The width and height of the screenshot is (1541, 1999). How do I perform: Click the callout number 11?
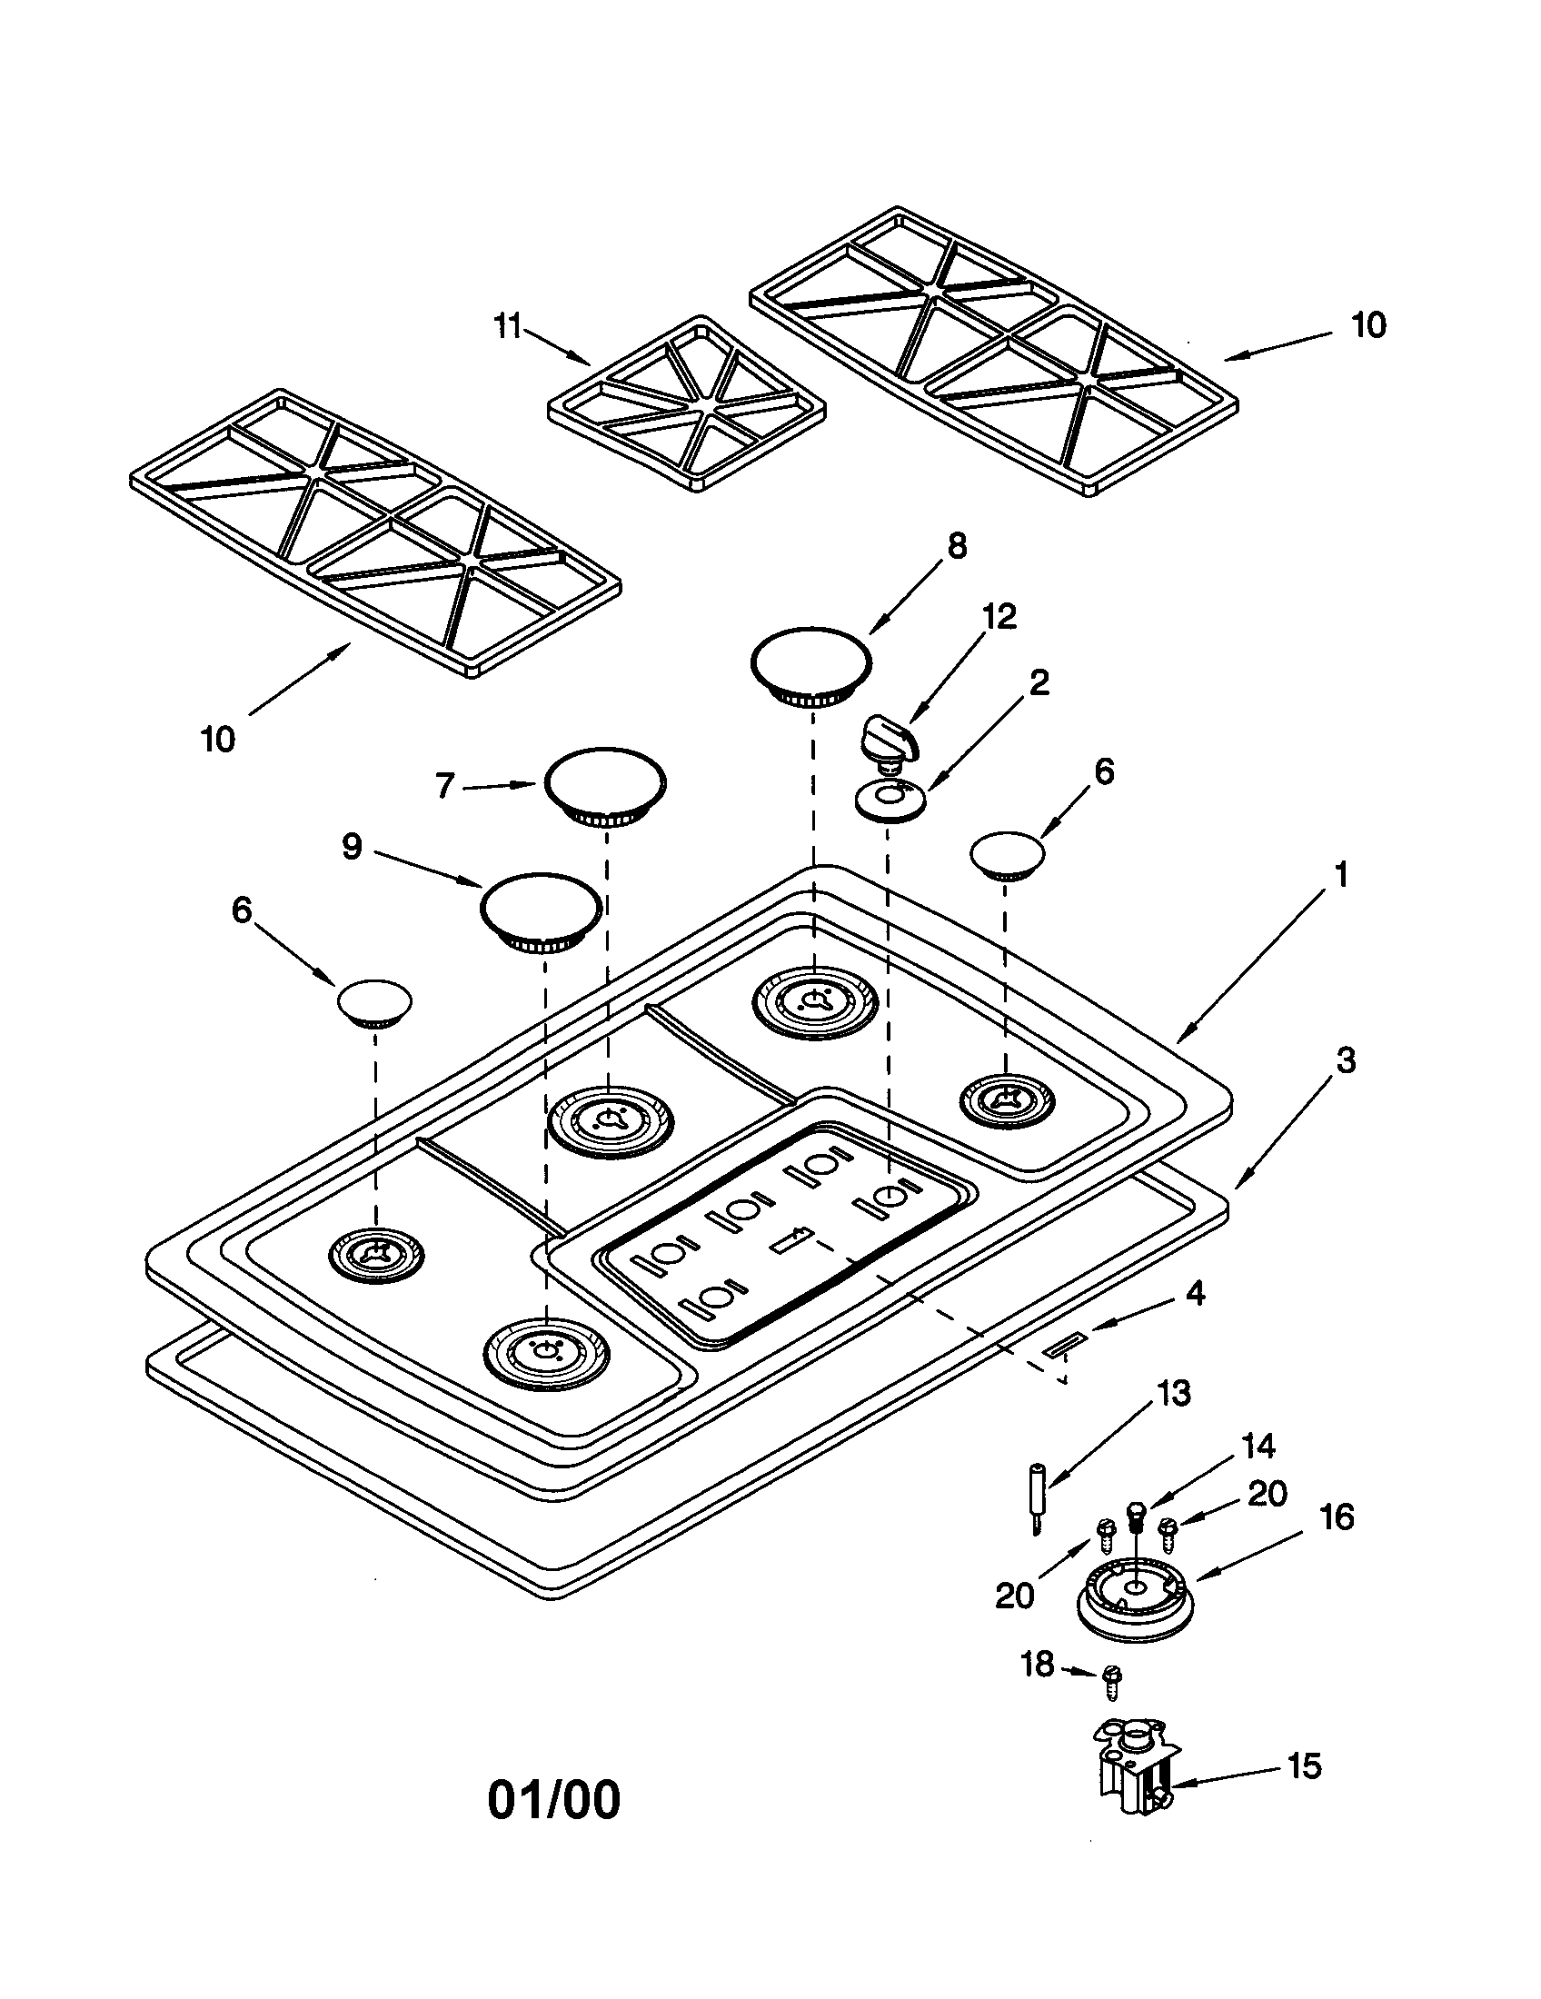(x=507, y=326)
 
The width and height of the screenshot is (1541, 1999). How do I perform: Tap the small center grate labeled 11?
(x=686, y=404)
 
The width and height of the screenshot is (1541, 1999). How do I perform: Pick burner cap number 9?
(x=542, y=910)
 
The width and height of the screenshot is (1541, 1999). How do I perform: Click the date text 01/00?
(x=553, y=1799)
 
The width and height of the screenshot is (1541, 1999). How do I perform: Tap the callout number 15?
(x=1304, y=1765)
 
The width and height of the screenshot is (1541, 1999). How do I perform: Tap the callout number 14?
(x=1258, y=1447)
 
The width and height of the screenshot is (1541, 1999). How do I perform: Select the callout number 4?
(x=1195, y=1293)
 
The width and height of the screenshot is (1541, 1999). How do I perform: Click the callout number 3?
(x=1345, y=1060)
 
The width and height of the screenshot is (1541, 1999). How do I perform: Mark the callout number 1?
(x=1340, y=875)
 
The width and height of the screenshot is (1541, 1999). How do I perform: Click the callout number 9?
(x=353, y=846)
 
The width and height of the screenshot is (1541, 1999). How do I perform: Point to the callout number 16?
(x=1337, y=1517)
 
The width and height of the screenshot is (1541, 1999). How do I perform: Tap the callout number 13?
(x=1173, y=1393)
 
